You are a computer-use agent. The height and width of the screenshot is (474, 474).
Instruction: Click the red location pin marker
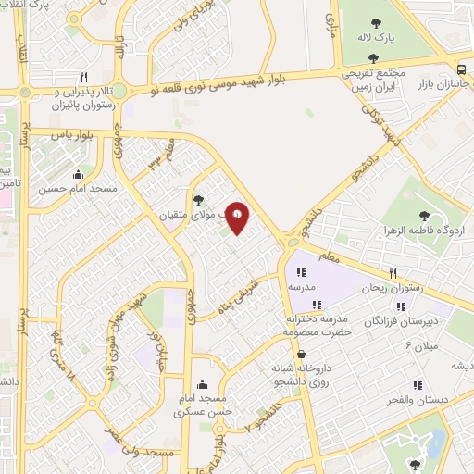238,217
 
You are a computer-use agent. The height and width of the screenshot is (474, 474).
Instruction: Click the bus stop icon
462,69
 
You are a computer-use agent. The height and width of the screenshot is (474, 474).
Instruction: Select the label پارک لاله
378,39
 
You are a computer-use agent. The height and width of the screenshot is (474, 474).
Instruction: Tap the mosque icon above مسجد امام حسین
77,174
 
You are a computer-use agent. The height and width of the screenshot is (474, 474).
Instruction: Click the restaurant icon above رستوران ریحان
393,273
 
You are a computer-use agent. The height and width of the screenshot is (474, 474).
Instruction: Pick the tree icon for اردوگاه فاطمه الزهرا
424,216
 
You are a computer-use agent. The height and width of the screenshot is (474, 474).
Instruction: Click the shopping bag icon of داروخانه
302,354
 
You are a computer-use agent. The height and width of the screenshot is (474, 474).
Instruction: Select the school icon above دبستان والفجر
417,385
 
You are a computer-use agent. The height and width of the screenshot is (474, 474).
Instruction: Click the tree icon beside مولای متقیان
197,198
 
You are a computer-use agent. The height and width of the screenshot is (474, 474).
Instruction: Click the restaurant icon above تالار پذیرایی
84,78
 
